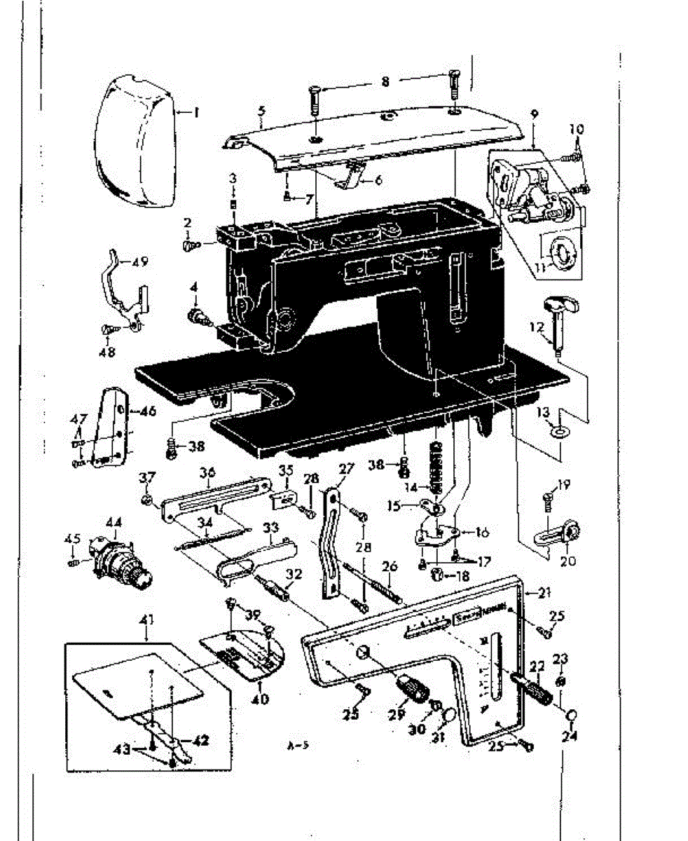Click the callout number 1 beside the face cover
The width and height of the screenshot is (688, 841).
pyautogui.click(x=197, y=111)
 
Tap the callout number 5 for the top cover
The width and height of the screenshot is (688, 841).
pyautogui.click(x=261, y=111)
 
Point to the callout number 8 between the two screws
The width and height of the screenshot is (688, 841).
pyautogui.click(x=385, y=81)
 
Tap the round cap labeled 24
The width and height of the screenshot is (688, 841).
pyautogui.click(x=571, y=714)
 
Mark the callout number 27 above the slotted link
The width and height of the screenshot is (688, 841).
pyautogui.click(x=343, y=469)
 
